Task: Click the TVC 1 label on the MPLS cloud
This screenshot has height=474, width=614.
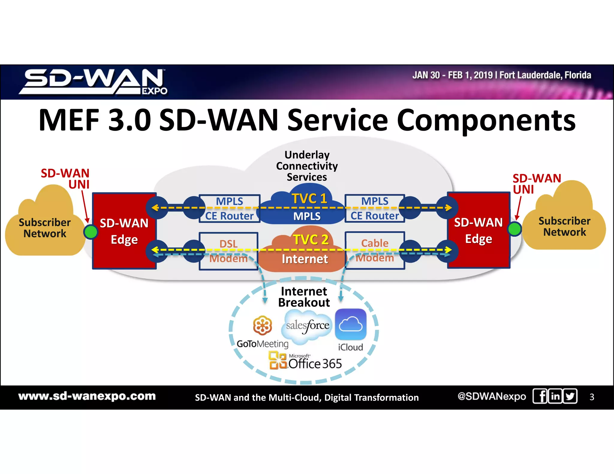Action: pos(309,199)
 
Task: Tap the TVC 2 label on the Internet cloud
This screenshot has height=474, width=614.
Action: pos(311,240)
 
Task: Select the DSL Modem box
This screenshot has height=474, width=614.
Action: pos(228,251)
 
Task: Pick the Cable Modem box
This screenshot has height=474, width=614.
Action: pos(375,250)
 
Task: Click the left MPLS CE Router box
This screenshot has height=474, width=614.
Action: pos(229,209)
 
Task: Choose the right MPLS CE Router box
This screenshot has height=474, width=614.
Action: pos(375,208)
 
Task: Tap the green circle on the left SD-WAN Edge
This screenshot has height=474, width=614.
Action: pos(91,232)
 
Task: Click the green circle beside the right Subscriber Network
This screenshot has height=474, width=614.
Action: pos(514,229)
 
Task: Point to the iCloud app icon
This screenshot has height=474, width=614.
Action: pos(350,324)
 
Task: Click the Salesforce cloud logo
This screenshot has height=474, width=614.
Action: pos(307,326)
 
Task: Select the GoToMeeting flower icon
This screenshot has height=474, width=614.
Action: pos(262,325)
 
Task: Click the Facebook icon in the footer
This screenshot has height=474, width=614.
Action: pos(540,396)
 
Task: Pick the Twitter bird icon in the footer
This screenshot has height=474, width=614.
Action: pos(570,396)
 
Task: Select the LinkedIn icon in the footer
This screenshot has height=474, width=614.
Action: pos(555,396)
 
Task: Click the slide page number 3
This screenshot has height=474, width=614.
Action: pos(592,397)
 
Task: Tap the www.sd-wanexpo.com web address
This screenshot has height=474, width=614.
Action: pos(87,396)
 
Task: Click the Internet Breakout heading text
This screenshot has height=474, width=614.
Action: pos(304,297)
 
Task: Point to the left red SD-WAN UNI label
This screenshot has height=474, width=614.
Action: pos(65,179)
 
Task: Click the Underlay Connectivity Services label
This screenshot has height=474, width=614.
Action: pos(307,166)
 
